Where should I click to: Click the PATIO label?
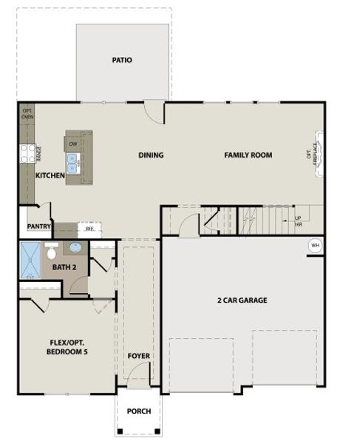[x=122, y=60]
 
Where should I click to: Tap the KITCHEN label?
[x=50, y=175]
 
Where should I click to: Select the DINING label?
[x=151, y=155]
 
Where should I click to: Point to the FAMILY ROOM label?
[x=248, y=155]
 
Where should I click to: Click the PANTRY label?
[x=38, y=226]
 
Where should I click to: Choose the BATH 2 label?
[x=64, y=266]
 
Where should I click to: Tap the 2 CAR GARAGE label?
[x=242, y=300]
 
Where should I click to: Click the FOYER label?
[x=139, y=357]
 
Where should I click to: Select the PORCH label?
[x=138, y=411]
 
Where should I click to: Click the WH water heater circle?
[x=314, y=245]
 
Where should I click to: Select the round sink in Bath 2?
[x=77, y=248]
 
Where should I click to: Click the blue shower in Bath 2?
[x=31, y=260]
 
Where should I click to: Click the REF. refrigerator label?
[x=89, y=229]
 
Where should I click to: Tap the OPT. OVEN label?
[x=27, y=113]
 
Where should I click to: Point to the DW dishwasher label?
[x=73, y=143]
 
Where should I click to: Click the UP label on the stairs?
[x=298, y=218]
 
